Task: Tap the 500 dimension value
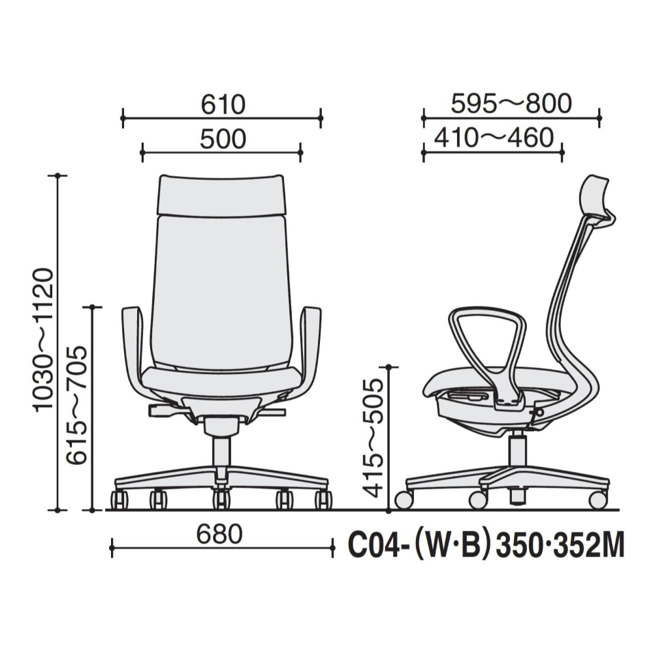point(223,139)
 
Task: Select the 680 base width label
point(219,534)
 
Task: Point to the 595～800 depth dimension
point(511,104)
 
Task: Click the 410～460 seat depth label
point(494,138)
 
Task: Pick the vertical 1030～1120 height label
point(44,340)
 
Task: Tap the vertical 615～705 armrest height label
point(78,405)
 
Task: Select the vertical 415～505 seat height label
point(373,438)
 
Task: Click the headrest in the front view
point(221,195)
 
